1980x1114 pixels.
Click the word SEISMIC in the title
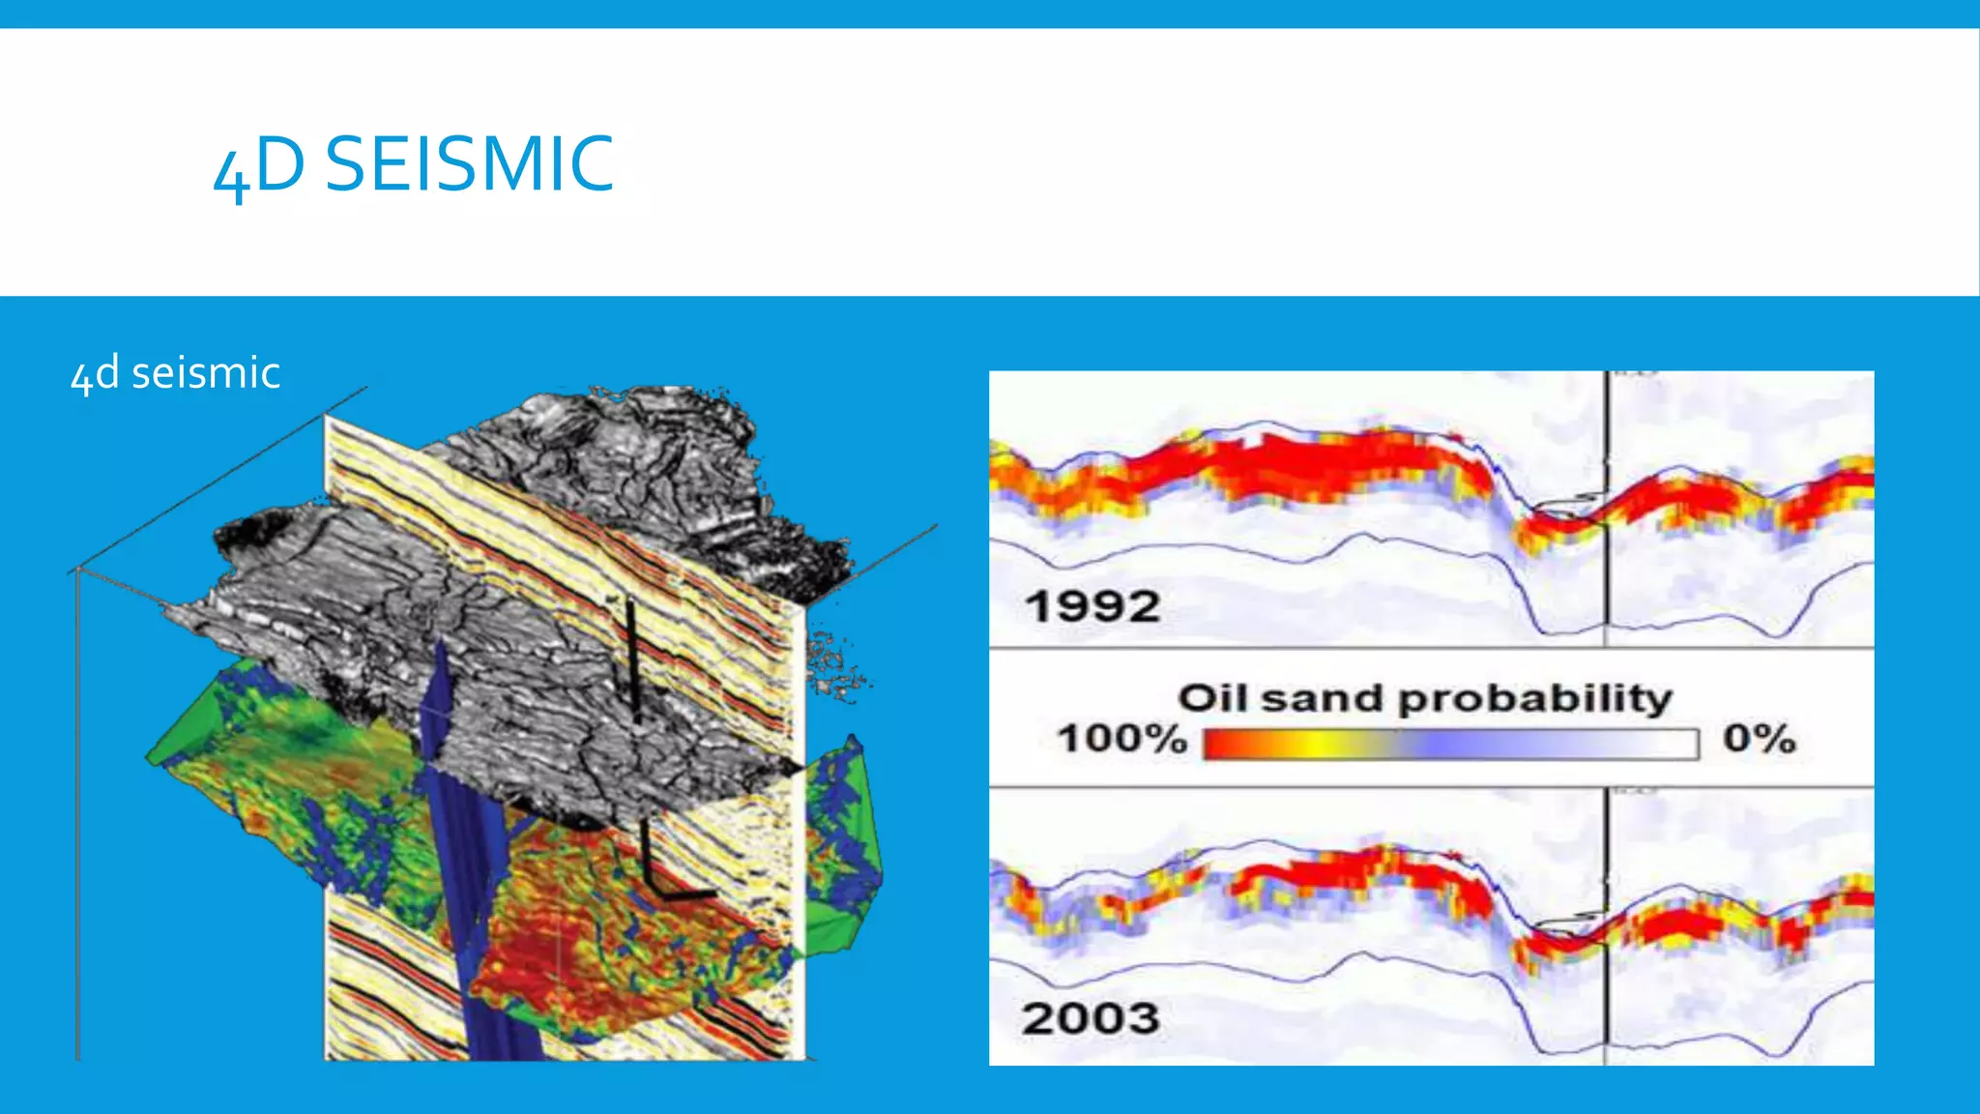[x=469, y=164]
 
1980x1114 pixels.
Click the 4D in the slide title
[x=258, y=166]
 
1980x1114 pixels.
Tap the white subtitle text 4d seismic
[x=175, y=373]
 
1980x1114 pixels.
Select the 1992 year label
[x=1092, y=607]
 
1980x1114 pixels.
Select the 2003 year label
[x=1091, y=1018]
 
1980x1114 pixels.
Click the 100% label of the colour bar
[x=1121, y=740]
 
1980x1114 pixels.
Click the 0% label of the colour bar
[x=1759, y=740]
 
